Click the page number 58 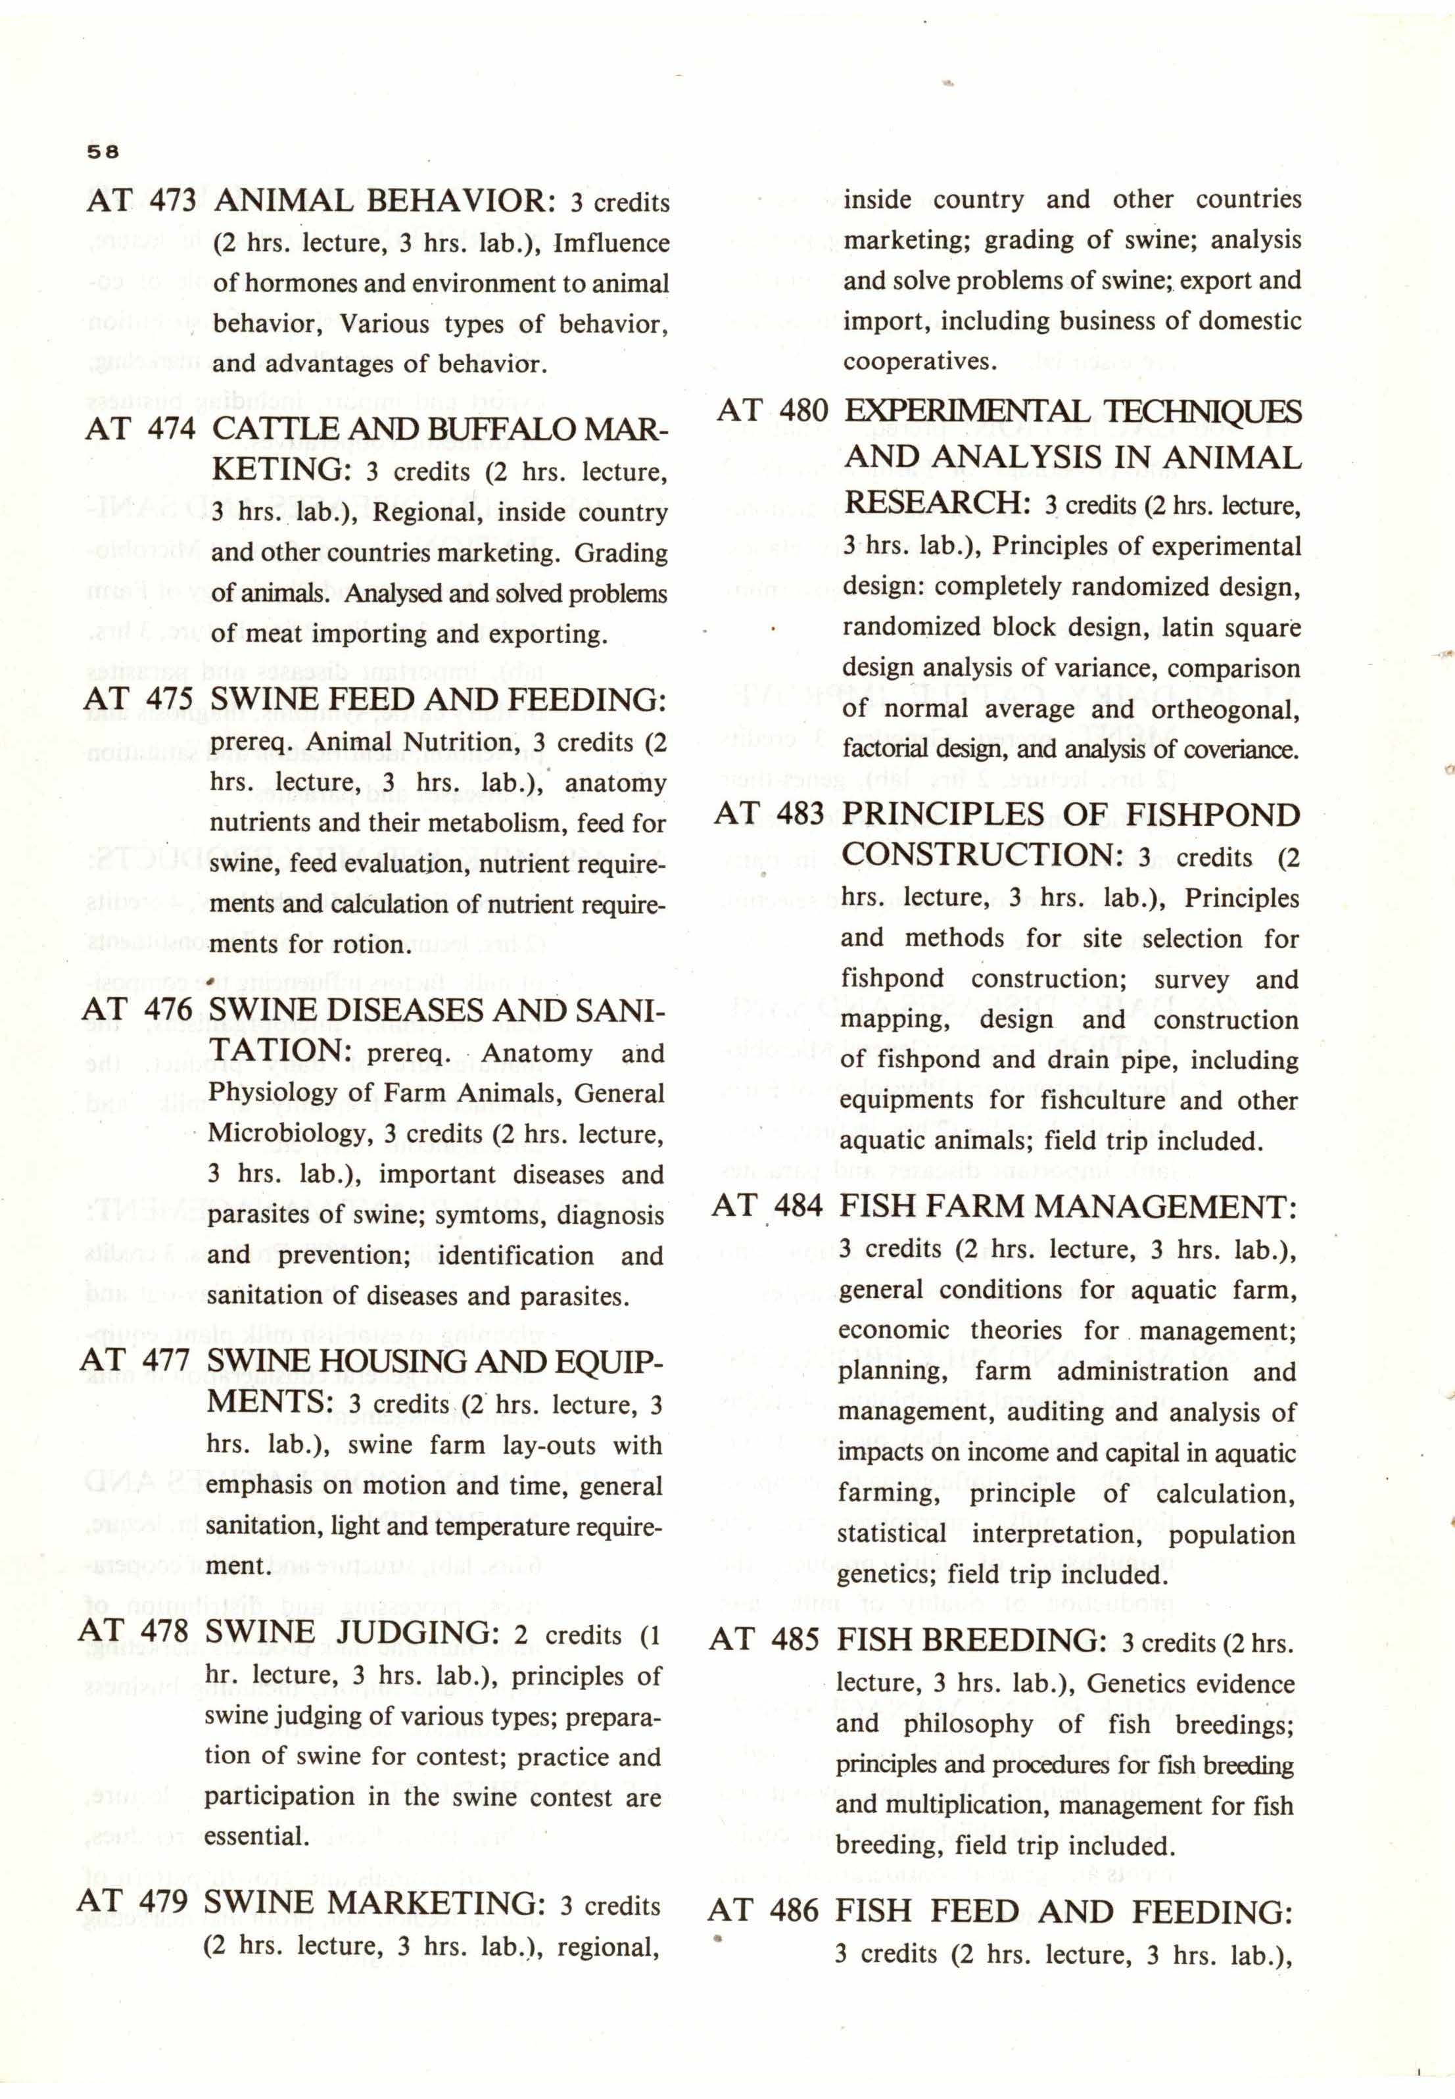[x=103, y=153]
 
